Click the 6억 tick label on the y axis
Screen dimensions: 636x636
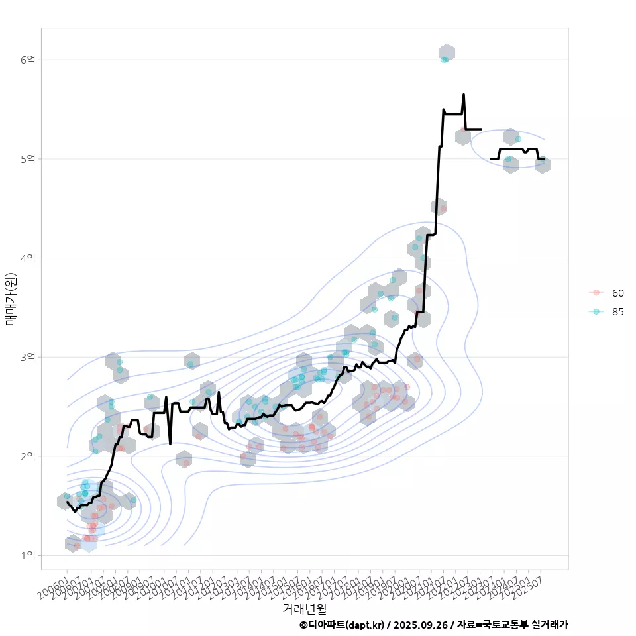[27, 60]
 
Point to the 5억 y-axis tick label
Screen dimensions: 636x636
[27, 159]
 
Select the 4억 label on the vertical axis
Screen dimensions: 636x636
[27, 258]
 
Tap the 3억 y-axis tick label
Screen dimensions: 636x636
[27, 357]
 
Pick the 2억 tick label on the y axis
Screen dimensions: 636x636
[27, 456]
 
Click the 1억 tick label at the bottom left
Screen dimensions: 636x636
[27, 555]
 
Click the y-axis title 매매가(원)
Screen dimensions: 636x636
[10, 298]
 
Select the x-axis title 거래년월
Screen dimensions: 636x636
[305, 608]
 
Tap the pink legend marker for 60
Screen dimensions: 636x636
[596, 293]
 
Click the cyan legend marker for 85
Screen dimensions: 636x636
[596, 312]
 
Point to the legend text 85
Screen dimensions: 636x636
[617, 312]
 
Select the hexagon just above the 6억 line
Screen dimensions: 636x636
[447, 52]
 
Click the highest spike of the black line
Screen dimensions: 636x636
[464, 95]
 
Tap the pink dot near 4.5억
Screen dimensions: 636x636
[443, 209]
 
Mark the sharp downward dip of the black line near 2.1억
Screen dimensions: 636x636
[170, 443]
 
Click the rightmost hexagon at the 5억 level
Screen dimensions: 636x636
[543, 164]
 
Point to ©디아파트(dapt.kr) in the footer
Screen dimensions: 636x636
[341, 625]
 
